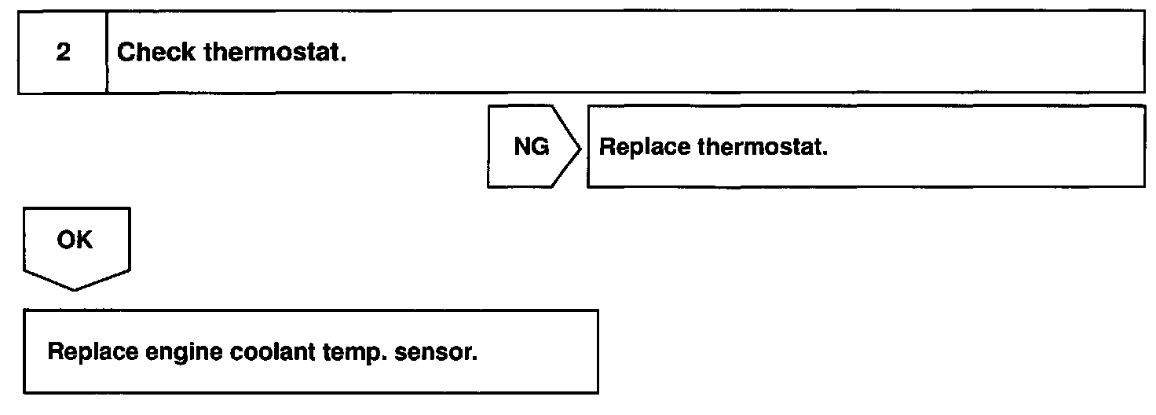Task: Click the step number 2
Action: (62, 53)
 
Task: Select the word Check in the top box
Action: (156, 53)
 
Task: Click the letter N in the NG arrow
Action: (522, 147)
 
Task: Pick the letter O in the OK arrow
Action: (65, 241)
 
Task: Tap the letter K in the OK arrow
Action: (84, 241)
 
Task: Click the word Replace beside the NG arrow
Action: (644, 148)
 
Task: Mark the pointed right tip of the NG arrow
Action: (580, 147)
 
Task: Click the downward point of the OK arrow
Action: (75, 290)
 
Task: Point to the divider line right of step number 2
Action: (107, 53)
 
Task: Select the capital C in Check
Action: (126, 53)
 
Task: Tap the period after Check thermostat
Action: (344, 60)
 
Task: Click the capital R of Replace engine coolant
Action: (55, 351)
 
